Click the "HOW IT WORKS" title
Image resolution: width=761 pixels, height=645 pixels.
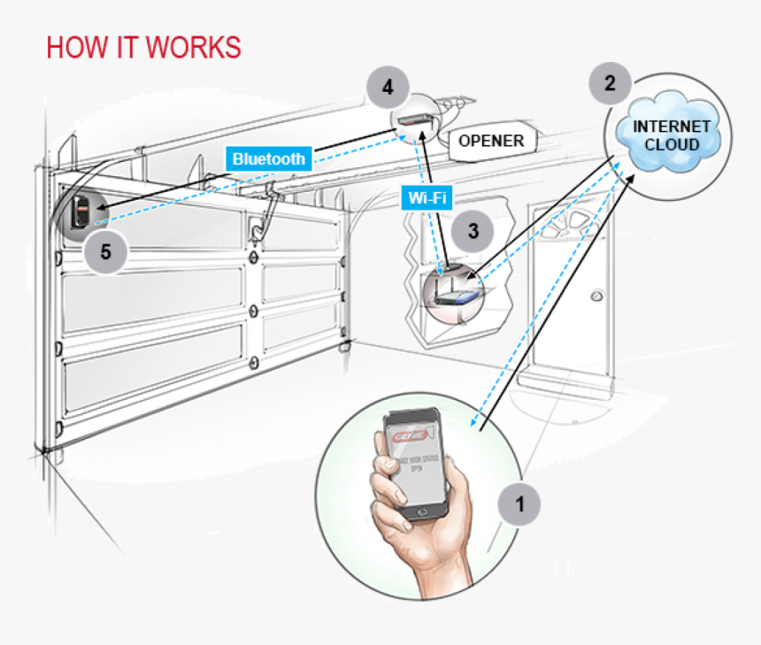(x=143, y=47)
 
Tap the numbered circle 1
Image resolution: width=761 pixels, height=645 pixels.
(x=520, y=505)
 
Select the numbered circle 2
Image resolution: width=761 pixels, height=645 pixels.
(x=610, y=84)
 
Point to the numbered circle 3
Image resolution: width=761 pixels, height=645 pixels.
(x=473, y=232)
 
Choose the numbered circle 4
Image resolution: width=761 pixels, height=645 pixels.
(x=387, y=88)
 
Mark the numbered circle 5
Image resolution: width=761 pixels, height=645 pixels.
(x=106, y=251)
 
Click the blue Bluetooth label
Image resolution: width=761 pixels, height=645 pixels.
(x=268, y=159)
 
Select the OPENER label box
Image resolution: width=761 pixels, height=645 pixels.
(x=491, y=141)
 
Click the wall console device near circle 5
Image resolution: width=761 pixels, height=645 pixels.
(x=82, y=212)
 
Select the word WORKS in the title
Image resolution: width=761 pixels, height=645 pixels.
(x=196, y=47)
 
